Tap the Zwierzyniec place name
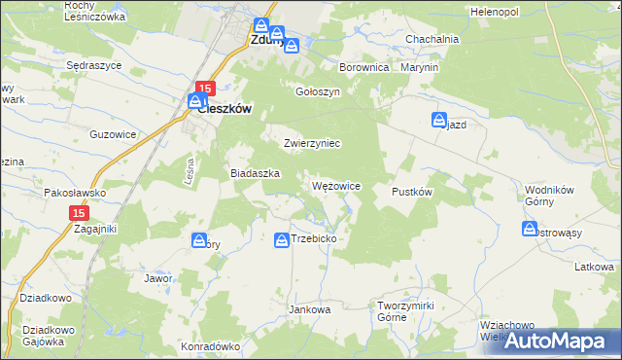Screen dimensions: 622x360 point(311,143)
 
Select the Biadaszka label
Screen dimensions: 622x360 point(255,172)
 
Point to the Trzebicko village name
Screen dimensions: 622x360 point(313,238)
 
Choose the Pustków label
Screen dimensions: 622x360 point(411,192)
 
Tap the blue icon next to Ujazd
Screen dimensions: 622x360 point(439,120)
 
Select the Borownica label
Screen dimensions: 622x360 point(363,68)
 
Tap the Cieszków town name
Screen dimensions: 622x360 point(225,110)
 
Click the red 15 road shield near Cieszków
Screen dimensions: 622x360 point(204,87)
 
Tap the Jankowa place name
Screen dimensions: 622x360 point(310,309)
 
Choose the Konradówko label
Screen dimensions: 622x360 point(210,345)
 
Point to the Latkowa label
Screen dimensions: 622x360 point(594,267)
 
